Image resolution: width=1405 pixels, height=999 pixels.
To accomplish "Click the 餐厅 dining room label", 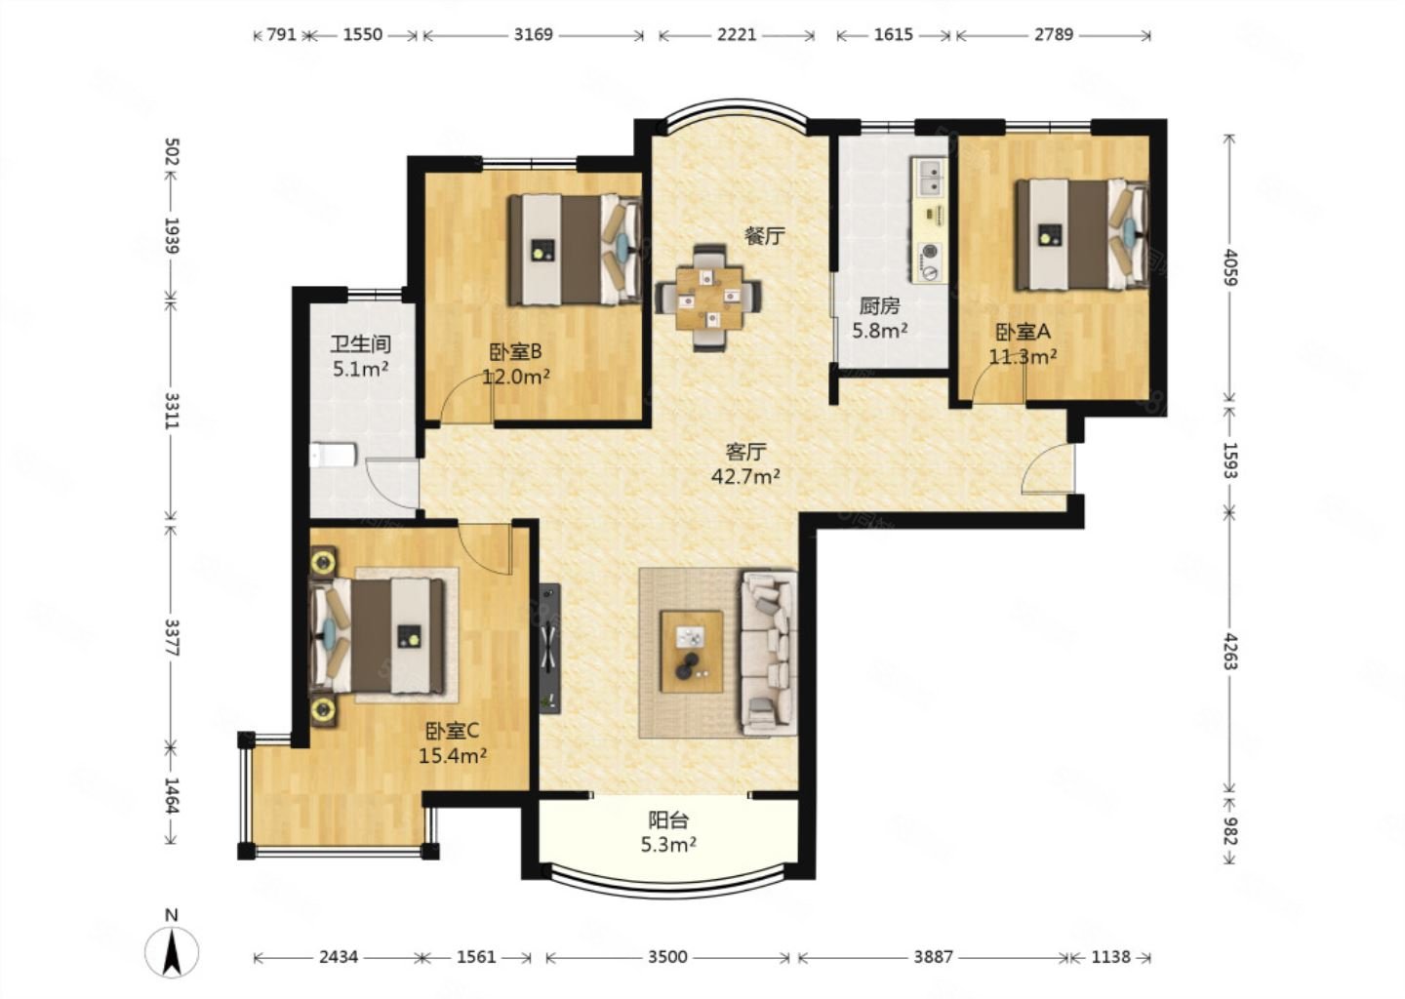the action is point(765,236).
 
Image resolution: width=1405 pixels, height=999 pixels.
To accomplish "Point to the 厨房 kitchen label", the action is point(879,306).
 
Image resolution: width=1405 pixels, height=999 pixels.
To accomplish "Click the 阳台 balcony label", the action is point(668,819).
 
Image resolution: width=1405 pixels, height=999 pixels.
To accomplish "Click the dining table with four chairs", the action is point(708,298).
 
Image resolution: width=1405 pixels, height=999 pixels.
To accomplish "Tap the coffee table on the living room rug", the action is point(691,652).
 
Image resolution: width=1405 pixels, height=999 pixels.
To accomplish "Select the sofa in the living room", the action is point(769,652).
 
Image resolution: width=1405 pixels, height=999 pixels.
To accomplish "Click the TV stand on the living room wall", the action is point(550,649).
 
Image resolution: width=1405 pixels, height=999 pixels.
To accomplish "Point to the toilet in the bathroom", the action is point(333,455).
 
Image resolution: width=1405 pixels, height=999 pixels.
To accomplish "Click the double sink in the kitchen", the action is point(930,177).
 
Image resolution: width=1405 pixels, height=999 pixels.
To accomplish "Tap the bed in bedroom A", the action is point(1083,234).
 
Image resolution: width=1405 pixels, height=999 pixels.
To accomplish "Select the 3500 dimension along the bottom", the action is point(668,957).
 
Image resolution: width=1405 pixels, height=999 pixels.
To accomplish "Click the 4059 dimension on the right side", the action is point(1230,267).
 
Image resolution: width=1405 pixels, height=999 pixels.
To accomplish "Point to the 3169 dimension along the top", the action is point(533,34).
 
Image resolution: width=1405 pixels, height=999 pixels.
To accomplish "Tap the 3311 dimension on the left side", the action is point(172,411).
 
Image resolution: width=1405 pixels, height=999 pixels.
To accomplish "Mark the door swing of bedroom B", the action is point(465,400).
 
